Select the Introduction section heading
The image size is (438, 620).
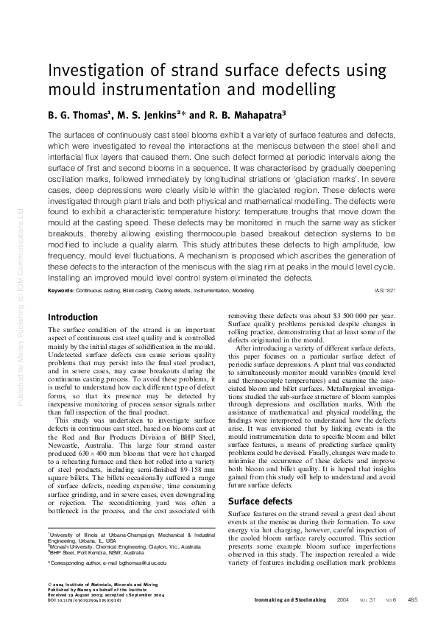[72, 317]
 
